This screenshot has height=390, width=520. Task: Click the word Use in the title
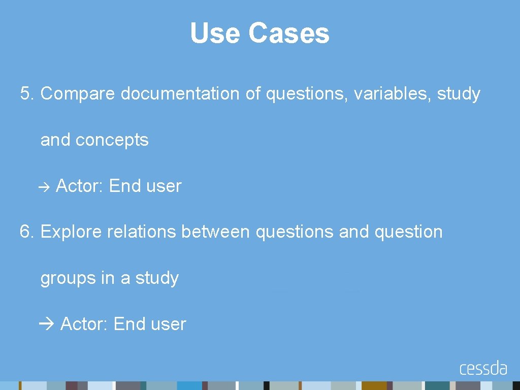215,34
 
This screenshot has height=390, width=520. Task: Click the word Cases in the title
288,34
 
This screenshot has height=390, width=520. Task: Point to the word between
215,232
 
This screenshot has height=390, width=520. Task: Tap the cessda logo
483,368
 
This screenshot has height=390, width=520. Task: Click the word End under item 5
124,186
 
